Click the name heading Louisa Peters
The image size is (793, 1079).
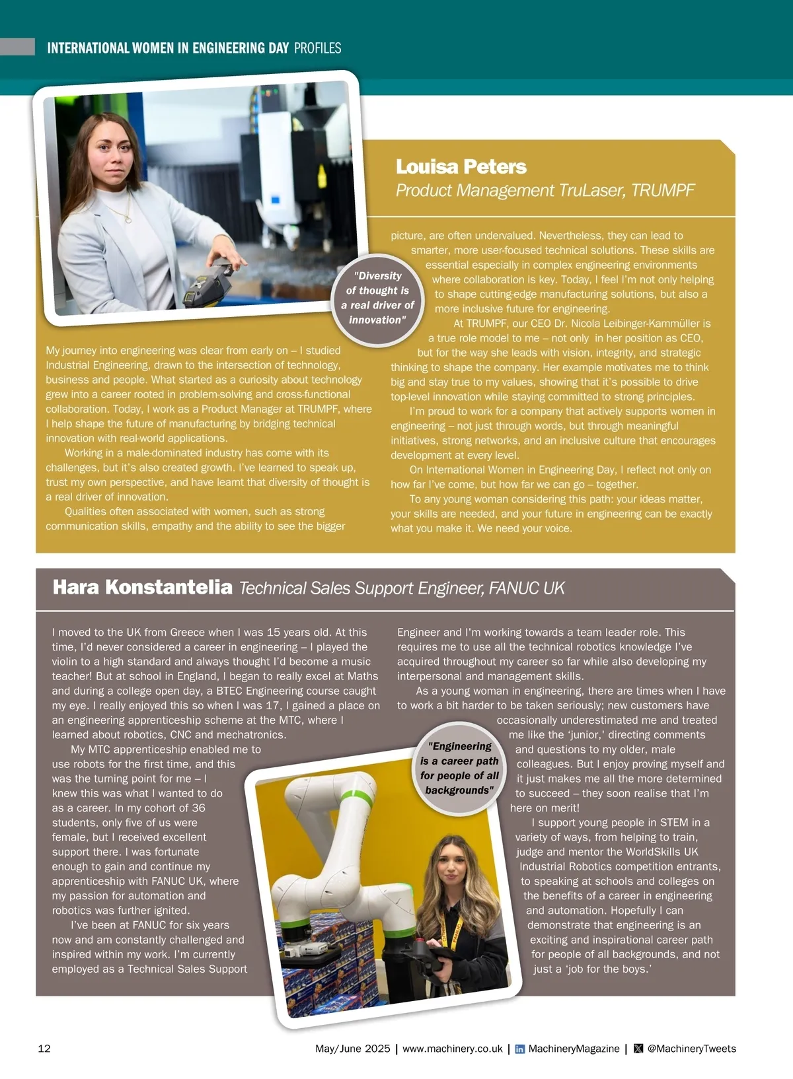(x=461, y=167)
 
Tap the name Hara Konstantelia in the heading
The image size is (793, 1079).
(x=142, y=587)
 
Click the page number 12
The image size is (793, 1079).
(x=44, y=1049)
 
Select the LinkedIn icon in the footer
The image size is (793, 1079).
(x=520, y=1049)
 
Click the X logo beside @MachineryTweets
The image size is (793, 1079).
(x=638, y=1049)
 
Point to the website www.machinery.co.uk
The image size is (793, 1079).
(x=452, y=1049)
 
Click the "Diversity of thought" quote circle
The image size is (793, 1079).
(x=377, y=298)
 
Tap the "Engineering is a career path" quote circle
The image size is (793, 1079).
(x=459, y=768)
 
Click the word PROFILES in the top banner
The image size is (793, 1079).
(x=317, y=48)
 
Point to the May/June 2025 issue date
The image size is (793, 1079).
(x=352, y=1049)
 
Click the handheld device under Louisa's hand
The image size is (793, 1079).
(x=210, y=283)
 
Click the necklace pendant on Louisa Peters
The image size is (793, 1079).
(x=128, y=219)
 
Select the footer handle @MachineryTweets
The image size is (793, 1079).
(x=691, y=1049)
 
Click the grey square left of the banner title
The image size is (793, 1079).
(x=17, y=47)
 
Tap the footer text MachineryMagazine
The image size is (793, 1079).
(x=574, y=1049)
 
